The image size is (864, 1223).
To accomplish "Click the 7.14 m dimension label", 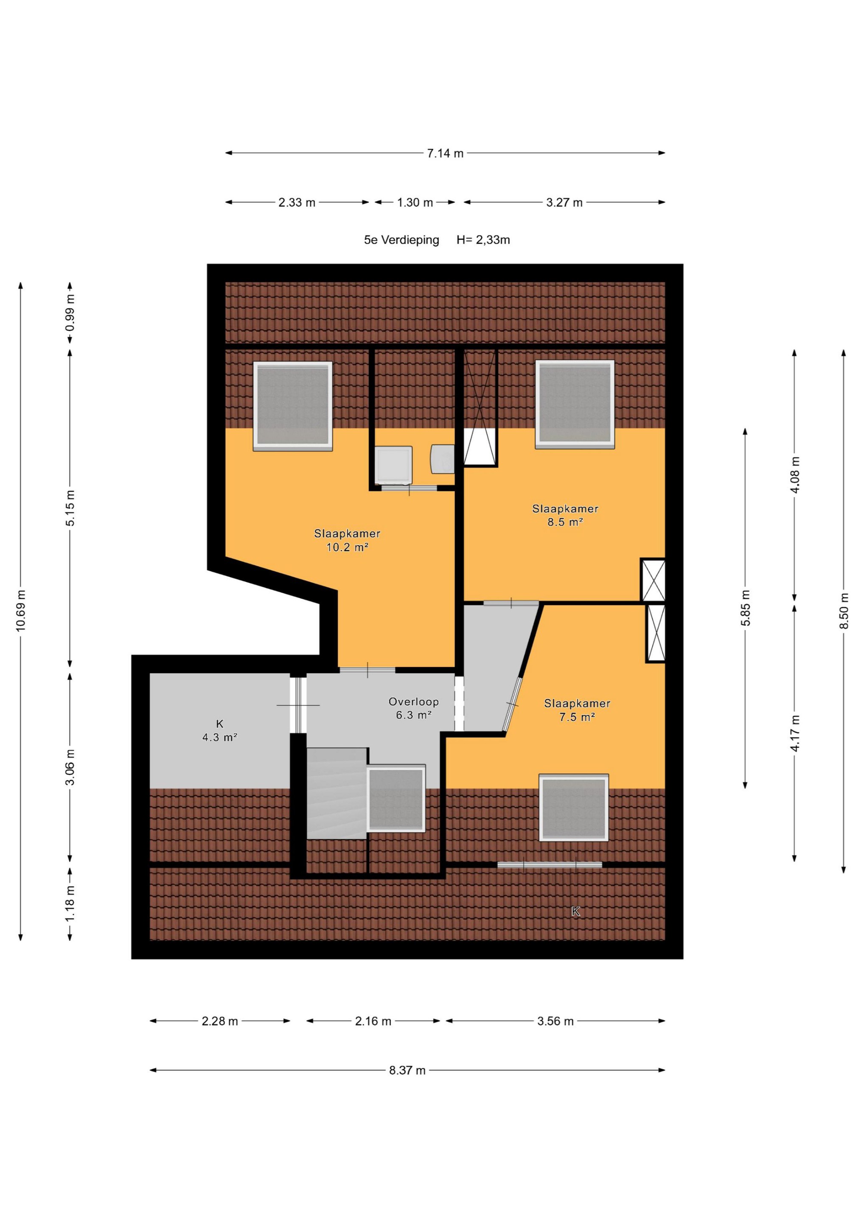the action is point(445,153).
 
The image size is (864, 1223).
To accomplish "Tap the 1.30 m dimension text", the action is point(415,203).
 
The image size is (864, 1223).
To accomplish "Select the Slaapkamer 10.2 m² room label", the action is point(347,540).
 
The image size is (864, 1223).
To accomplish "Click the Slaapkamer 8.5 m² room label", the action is point(565,515).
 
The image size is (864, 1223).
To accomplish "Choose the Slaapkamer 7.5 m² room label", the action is point(577,710).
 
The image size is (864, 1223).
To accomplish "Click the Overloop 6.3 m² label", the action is point(414,708).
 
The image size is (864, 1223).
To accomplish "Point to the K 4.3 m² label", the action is point(219,731).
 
